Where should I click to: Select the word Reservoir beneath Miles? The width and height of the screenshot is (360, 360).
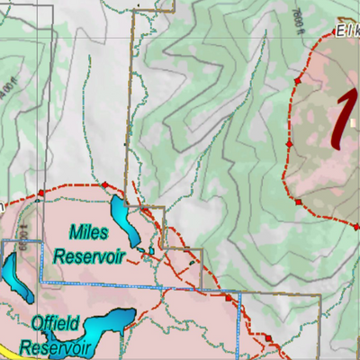88,256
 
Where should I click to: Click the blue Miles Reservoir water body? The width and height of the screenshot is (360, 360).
122,221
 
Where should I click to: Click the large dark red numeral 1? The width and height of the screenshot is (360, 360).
339,121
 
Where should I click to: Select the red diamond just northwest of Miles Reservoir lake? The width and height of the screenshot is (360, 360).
104,185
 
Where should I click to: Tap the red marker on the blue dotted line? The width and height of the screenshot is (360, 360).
229,296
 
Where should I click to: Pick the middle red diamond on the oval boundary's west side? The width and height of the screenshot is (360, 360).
288,143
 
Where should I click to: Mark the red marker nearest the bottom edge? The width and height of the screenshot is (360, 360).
266,337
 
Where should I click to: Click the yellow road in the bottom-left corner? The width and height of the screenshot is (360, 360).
7,350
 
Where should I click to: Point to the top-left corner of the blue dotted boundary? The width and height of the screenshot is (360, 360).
4,241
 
